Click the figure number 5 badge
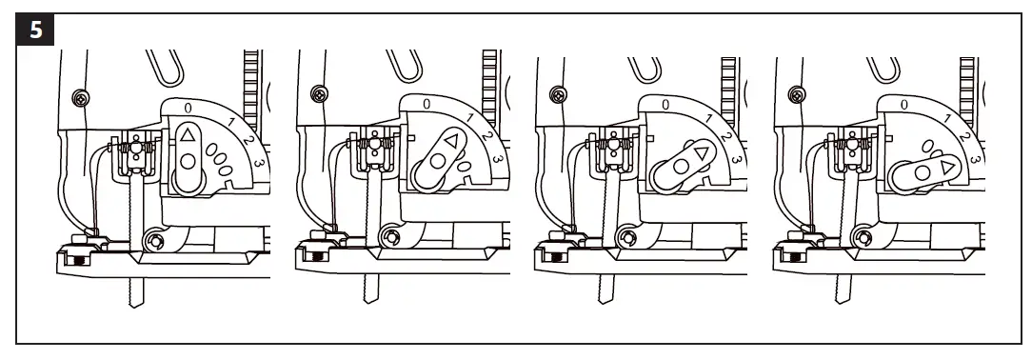(x=36, y=29)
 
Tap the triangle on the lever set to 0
(x=189, y=134)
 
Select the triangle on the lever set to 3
(x=947, y=169)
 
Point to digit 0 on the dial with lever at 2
(x=665, y=104)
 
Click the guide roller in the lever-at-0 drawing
(x=150, y=239)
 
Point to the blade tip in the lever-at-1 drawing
(x=367, y=290)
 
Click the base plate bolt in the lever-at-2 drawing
(x=550, y=256)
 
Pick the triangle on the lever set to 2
(x=703, y=153)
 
